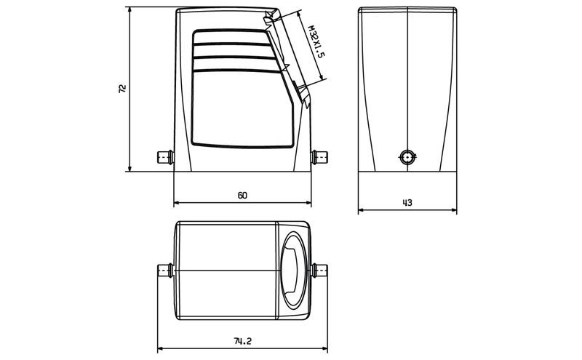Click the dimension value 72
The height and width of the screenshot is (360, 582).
pos(122,89)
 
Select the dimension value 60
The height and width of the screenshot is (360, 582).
pos(242,196)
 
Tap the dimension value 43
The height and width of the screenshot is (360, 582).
pos(407,203)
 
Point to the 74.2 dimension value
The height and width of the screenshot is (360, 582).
pos(242,340)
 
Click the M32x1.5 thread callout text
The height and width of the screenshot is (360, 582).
pos(314,46)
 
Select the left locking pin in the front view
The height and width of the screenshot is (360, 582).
pos(165,156)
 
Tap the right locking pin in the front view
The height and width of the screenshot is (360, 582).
pos(319,156)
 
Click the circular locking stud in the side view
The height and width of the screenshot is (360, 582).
pos(407,156)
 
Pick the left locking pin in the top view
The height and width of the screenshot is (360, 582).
pos(165,271)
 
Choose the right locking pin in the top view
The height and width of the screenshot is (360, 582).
pos(318,271)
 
